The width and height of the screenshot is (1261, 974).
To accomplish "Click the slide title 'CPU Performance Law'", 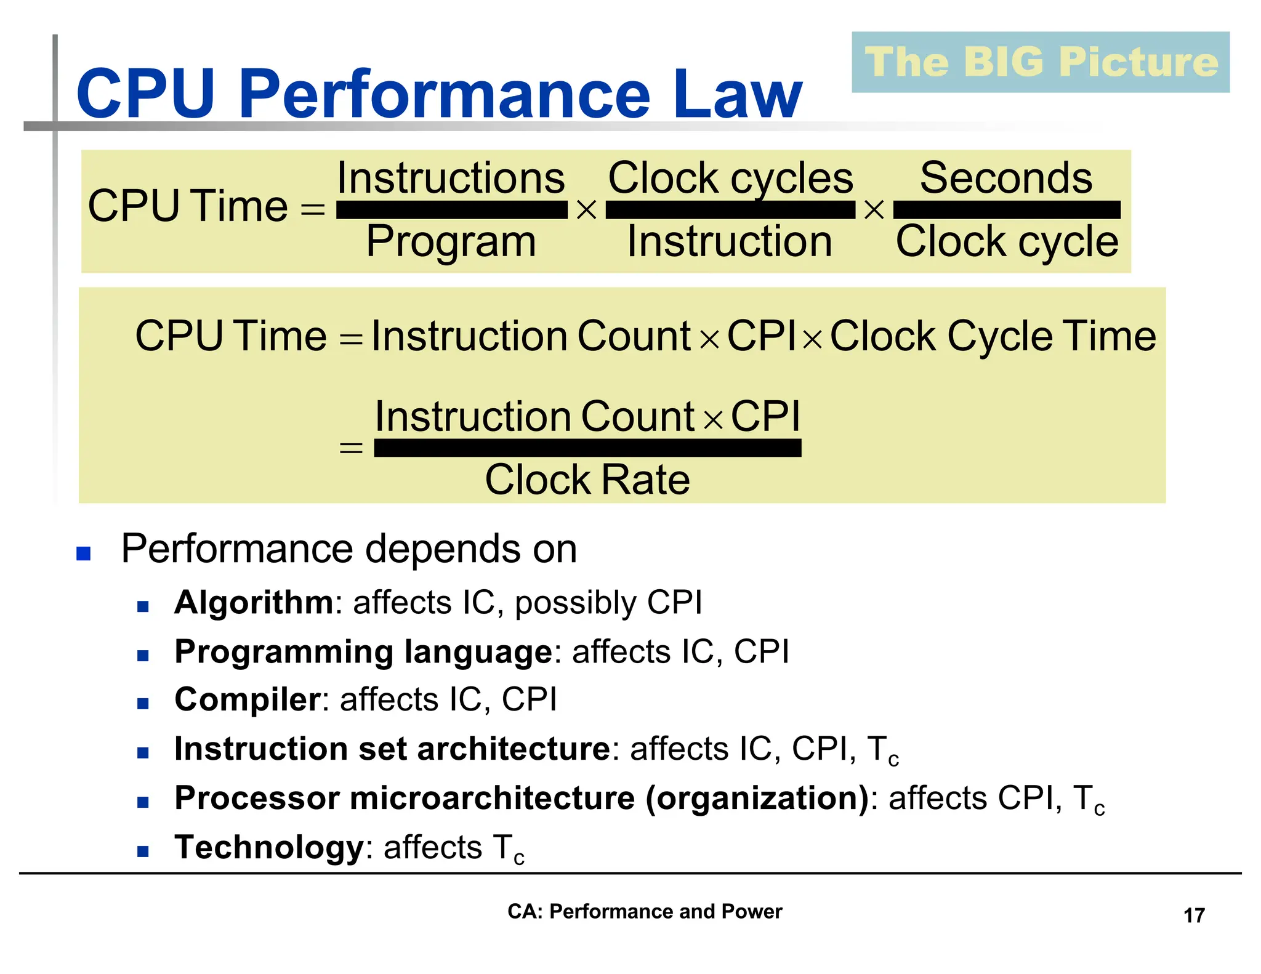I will coord(438,94).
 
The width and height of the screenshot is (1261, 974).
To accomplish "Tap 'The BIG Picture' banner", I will coord(1041,62).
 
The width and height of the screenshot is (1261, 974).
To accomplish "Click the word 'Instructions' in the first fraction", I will coord(451,178).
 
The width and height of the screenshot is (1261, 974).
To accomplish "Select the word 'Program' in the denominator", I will coord(451,241).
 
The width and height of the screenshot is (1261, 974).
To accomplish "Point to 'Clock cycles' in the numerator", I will coord(730,178).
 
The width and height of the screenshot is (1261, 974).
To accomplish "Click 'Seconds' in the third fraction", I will coord(1005,178).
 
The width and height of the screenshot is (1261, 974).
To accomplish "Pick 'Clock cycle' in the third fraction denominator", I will coord(1007,241).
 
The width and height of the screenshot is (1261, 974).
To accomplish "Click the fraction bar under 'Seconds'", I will coord(1007,210).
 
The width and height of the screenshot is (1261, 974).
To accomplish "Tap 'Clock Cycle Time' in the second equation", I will coord(993,336).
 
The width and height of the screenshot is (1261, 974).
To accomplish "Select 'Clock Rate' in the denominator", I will coord(587,480).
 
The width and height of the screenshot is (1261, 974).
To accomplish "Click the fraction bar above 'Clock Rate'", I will coord(587,448).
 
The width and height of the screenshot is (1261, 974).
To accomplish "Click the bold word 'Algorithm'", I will coord(254,602).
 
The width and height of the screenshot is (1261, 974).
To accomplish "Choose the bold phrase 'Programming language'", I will coord(363,651).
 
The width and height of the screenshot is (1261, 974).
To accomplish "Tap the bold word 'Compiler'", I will coord(247,699).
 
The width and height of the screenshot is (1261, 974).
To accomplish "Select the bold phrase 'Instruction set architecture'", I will coord(392,749).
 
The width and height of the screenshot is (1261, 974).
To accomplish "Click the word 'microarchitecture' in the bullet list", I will coord(492,798).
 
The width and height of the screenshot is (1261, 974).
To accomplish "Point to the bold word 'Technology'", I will coord(270,847).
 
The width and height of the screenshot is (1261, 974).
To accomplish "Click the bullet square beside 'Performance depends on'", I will coord(83,553).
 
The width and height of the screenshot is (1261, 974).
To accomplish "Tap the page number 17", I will coord(1194,916).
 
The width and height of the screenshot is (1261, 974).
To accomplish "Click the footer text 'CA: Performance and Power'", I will coord(644,911).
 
